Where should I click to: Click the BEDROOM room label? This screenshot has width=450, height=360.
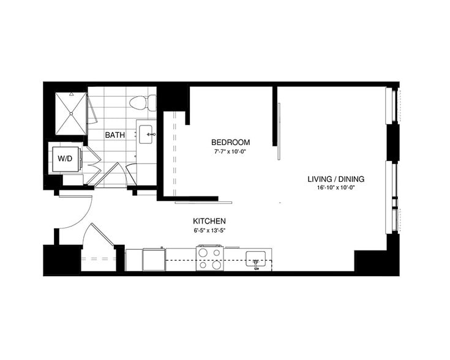pos(232,142)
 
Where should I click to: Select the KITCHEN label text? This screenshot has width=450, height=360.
pos(210,221)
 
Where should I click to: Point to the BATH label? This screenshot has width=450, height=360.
pos(115,135)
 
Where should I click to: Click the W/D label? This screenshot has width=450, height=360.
pos(64,159)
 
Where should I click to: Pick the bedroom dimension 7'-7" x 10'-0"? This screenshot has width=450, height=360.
pos(232,151)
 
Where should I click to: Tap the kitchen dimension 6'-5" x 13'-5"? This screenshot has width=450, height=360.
pos(210,231)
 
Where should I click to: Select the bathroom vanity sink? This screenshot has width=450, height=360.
pos(147,134)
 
